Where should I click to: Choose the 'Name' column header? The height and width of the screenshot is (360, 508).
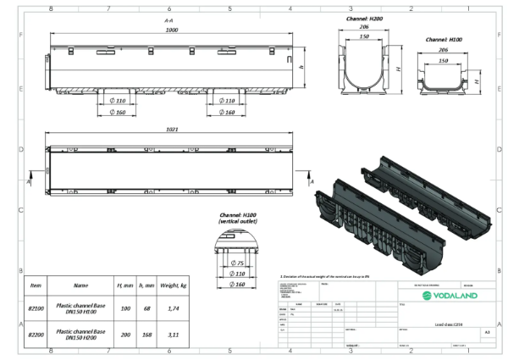81,285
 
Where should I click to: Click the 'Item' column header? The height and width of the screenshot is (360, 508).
36,285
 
